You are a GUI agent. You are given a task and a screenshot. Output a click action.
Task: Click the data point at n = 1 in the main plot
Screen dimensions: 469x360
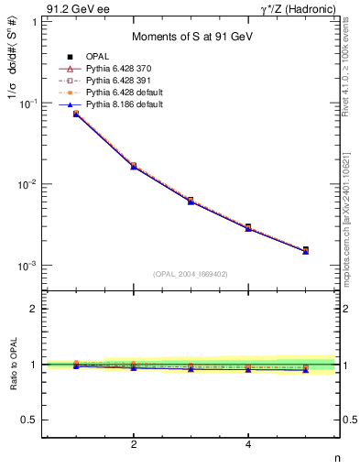tap(76, 114)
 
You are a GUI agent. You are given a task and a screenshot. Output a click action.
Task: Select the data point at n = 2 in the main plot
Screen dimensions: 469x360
tap(134, 166)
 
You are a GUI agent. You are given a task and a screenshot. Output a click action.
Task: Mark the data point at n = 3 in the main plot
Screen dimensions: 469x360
tap(191, 200)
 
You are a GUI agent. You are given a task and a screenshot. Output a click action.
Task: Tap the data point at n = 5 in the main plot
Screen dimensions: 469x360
tap(305, 249)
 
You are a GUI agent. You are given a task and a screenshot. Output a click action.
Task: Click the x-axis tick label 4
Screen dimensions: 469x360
tap(248, 445)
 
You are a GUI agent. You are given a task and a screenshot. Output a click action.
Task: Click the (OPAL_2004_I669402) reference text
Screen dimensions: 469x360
tap(190, 273)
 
